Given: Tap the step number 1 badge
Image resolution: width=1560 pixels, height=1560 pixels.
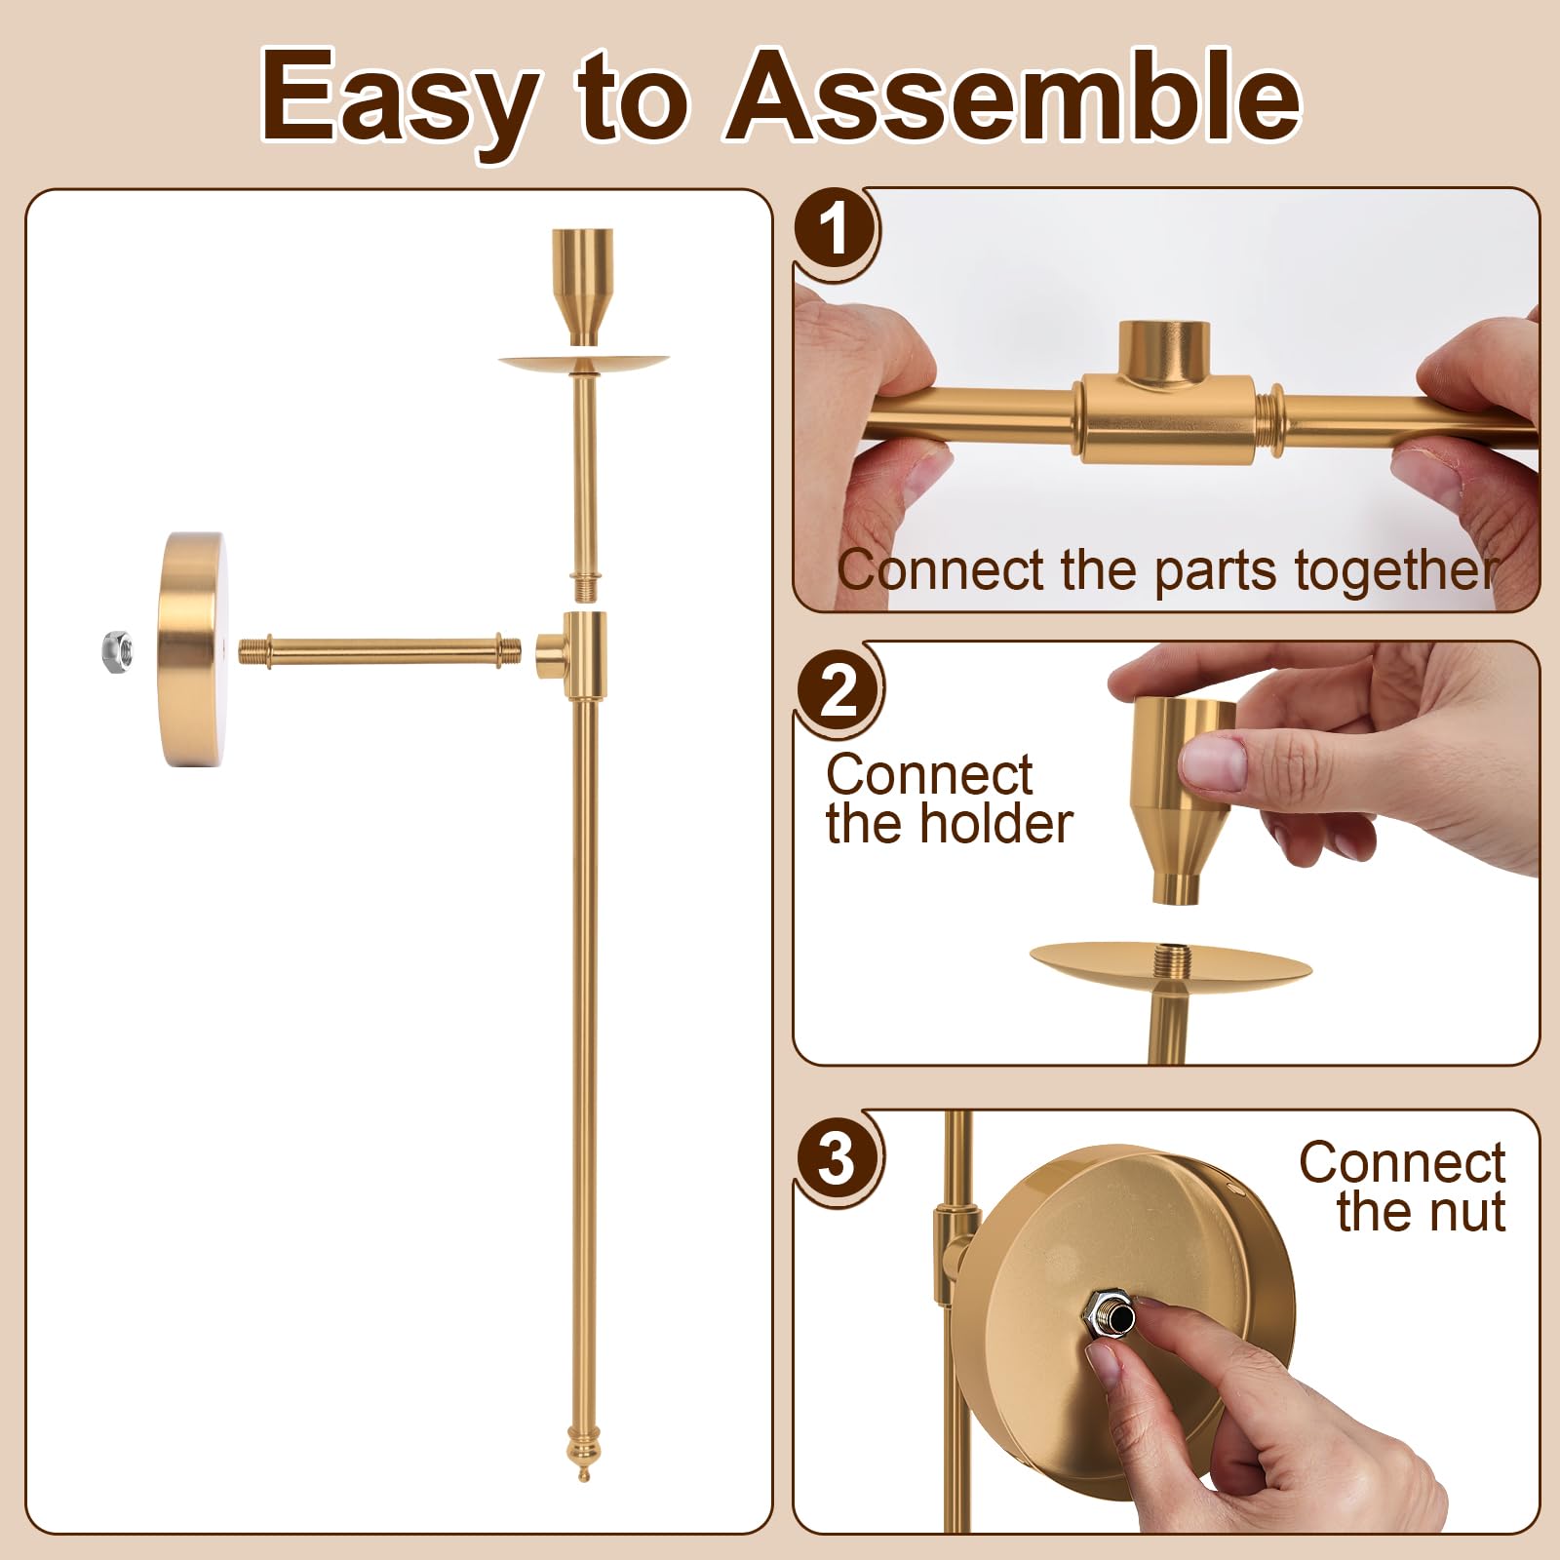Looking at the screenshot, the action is click(x=835, y=232).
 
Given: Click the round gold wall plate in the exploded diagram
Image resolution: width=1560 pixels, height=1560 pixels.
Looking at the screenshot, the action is click(x=192, y=649).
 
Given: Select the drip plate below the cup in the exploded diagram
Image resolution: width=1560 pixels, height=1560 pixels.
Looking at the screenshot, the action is click(x=583, y=364).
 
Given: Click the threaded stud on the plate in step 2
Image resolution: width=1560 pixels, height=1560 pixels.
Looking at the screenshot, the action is click(x=1170, y=956).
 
